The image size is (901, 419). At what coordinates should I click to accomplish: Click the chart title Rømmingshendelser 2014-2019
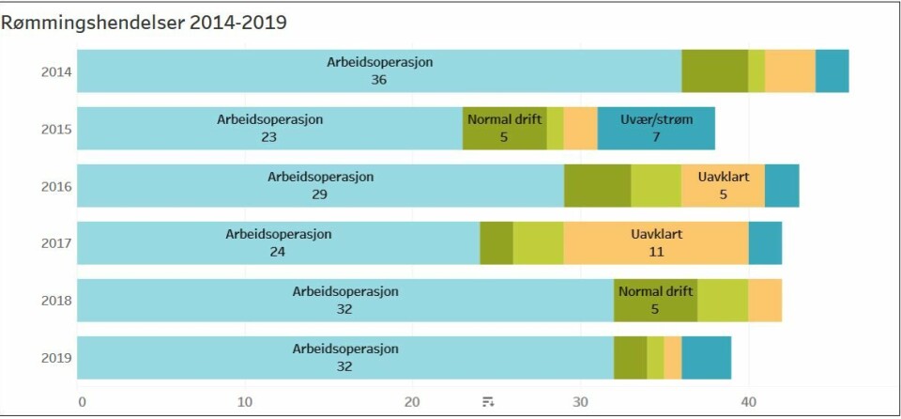click(144, 23)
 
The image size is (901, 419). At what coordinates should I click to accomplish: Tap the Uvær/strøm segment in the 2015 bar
click(656, 128)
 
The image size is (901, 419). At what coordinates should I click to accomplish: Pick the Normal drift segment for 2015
click(504, 128)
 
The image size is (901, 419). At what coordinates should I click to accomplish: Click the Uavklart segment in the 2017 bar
click(656, 242)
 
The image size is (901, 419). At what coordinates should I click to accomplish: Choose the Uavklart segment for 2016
click(723, 185)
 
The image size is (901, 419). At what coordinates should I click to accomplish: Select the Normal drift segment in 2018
click(655, 300)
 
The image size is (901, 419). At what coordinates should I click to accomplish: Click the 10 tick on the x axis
click(246, 402)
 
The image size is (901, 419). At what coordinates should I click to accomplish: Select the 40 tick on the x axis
click(748, 402)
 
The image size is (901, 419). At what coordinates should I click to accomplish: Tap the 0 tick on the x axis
click(82, 402)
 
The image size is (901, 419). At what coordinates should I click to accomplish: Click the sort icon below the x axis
click(488, 402)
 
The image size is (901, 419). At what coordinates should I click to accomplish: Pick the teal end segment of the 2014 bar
click(832, 70)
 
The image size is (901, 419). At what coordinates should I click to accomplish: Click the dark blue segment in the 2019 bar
click(706, 357)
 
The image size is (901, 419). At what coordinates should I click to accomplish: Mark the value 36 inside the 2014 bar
click(379, 80)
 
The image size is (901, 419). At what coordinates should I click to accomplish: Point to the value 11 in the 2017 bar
click(656, 252)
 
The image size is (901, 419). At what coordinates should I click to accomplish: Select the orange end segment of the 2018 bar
click(765, 300)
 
